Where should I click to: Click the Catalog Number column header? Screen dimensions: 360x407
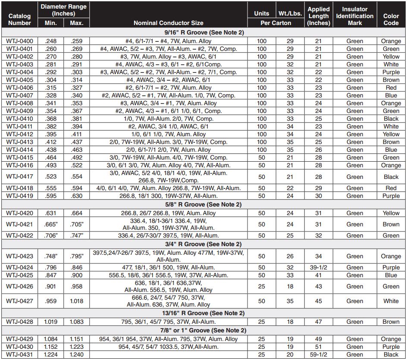[19, 19]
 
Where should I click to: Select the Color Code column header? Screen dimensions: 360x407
[391, 19]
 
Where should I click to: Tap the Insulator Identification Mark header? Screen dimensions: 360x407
[355, 16]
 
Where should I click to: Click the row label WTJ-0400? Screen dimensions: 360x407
[19, 41]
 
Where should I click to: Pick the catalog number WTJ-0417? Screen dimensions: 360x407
[19, 177]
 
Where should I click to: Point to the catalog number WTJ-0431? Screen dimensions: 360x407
[19, 354]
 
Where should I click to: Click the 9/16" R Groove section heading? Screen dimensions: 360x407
[204, 33]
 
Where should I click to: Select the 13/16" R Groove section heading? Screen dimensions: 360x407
[204, 313]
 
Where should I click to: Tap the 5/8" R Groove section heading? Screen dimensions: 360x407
[204, 204]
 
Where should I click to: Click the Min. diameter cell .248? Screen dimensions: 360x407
[51, 41]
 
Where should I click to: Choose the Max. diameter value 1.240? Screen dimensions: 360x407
[76, 354]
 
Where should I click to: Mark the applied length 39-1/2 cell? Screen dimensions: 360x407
[319, 267]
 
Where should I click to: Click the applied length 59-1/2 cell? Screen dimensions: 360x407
[319, 354]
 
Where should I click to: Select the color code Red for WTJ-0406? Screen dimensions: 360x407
[391, 88]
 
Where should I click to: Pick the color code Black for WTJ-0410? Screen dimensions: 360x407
[391, 119]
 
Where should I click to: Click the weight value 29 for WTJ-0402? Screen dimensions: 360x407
[290, 57]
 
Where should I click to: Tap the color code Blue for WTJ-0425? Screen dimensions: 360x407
[391, 275]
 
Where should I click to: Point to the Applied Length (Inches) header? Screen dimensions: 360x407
[319, 16]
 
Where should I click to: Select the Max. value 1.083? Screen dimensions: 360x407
[76, 322]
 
